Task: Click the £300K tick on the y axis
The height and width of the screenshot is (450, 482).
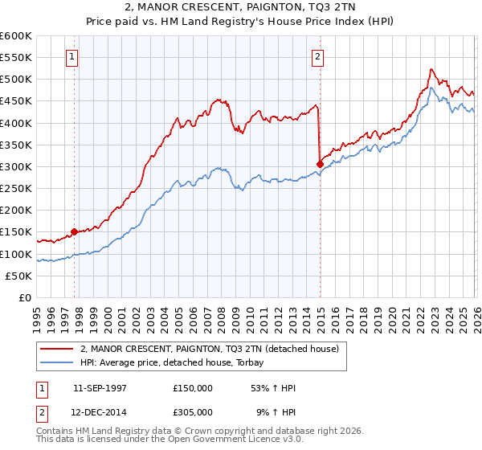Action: (x=16, y=167)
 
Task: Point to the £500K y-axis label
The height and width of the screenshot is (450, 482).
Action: (x=16, y=80)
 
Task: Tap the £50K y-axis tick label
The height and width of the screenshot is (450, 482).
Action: (x=18, y=276)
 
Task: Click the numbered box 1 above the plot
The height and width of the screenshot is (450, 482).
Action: (x=73, y=57)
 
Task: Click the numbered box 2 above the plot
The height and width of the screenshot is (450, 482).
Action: (x=319, y=57)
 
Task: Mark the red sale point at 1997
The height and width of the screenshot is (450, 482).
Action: (x=75, y=231)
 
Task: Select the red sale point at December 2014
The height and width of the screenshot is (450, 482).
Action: (x=320, y=164)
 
